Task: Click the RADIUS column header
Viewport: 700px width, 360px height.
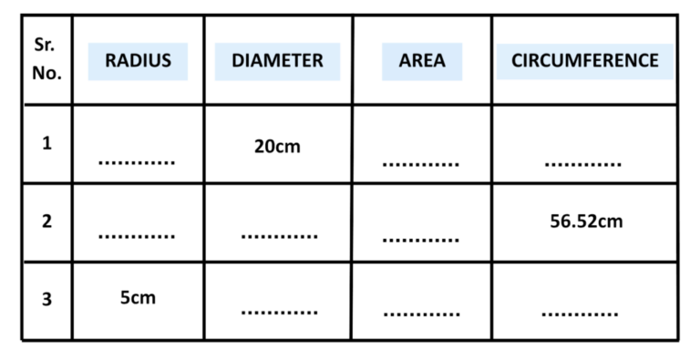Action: coord(138,62)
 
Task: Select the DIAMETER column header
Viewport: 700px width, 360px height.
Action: coord(277,62)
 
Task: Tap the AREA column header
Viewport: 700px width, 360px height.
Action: coord(422,62)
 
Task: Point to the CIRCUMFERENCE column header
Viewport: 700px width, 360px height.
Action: coord(584,62)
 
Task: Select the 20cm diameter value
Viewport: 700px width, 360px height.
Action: coord(276,146)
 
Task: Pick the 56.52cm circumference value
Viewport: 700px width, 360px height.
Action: coord(586,221)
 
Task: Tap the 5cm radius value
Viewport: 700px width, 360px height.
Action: coord(138,297)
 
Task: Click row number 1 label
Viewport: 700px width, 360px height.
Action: coord(46,143)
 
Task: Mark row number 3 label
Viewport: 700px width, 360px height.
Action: coord(46,299)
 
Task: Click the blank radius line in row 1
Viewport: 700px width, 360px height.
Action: coord(137,164)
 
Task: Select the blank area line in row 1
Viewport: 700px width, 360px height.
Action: coord(420,165)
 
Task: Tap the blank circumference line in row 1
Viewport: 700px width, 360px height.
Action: coord(582,165)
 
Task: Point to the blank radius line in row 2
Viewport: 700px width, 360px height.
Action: coord(137,237)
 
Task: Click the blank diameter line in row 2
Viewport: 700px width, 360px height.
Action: coord(279,237)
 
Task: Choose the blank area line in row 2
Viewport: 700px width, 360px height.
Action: coord(420,241)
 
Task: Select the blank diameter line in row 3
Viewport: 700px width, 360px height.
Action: coord(279,314)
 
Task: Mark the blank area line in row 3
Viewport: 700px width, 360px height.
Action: coord(420,314)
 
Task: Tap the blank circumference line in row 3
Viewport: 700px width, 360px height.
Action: coord(580,314)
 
